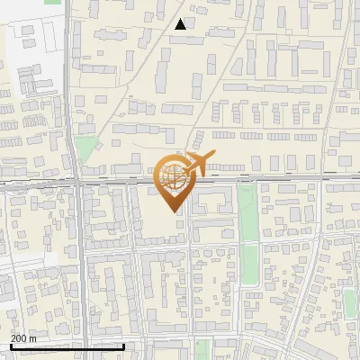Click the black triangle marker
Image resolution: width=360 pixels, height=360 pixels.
click(x=181, y=24)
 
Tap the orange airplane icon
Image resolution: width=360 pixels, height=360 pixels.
click(x=197, y=165)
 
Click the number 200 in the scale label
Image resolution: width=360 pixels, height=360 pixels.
click(x=19, y=337)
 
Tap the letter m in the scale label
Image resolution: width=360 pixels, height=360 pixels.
click(x=34, y=337)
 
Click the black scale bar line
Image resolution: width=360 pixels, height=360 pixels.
click(x=67, y=346)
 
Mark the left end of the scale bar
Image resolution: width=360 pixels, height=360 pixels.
click(x=11, y=346)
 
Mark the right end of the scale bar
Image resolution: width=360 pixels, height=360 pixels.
click(x=124, y=346)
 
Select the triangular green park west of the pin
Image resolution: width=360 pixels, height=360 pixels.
click(x=85, y=148)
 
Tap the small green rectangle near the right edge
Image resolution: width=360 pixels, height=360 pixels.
click(x=349, y=303)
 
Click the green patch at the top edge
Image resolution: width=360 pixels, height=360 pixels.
click(x=52, y=2)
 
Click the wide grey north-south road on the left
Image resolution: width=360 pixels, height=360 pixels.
click(x=79, y=270)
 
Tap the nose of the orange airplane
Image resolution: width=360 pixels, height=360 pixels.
click(x=214, y=156)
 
